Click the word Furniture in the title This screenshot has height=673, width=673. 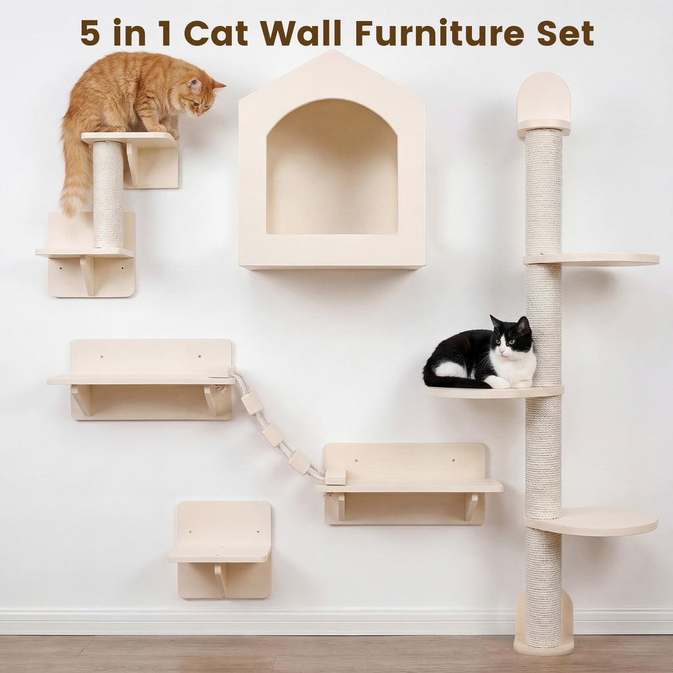(440, 33)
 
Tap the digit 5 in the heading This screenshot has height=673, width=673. (90, 33)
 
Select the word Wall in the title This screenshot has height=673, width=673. (300, 33)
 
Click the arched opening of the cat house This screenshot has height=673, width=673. (332, 168)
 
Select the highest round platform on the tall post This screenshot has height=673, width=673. (592, 259)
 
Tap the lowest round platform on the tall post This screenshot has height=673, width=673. (592, 521)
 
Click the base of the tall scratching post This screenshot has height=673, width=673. (544, 639)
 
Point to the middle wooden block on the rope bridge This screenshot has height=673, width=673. (273, 434)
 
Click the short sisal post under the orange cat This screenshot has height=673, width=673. (108, 194)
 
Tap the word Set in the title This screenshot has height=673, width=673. (565, 33)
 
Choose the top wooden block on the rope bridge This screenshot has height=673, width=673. (252, 403)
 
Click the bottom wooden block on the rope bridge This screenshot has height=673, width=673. (300, 462)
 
